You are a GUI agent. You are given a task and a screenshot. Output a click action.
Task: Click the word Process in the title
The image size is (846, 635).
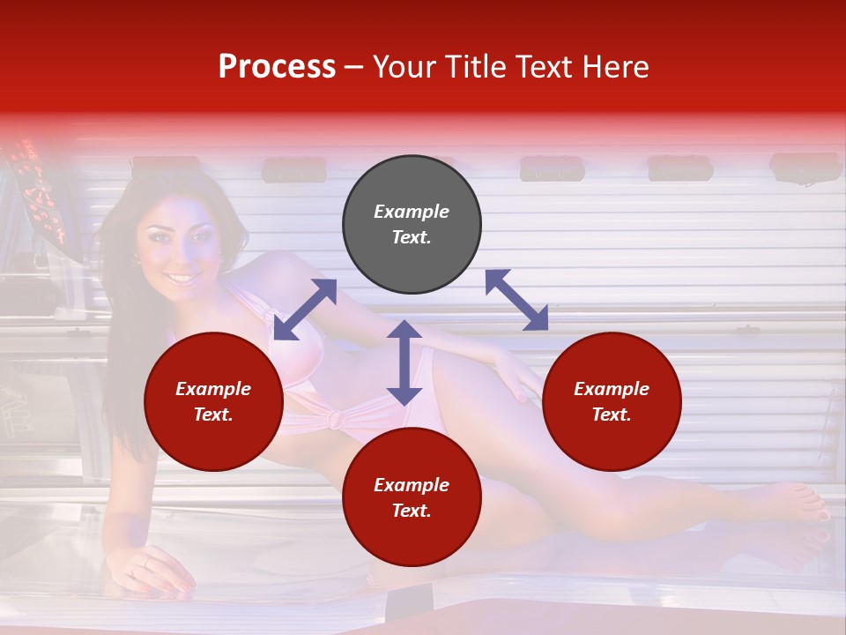coord(277,67)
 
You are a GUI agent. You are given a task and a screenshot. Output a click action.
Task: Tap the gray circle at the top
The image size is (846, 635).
coord(412,225)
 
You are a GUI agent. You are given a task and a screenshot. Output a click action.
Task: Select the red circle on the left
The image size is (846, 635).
coord(213,402)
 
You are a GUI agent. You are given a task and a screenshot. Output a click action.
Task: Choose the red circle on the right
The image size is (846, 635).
coord(612,402)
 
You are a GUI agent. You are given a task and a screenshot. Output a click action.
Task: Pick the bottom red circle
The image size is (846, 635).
coord(412,497)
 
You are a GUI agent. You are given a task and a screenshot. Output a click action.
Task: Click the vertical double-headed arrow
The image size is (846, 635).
coord(404,362)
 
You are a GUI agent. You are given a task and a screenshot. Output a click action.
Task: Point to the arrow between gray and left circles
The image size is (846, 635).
coord(305,310)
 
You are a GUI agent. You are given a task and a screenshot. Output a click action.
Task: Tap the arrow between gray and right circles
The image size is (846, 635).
coord(516,300)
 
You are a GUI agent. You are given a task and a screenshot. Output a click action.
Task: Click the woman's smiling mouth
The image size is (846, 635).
coord(182,279)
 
